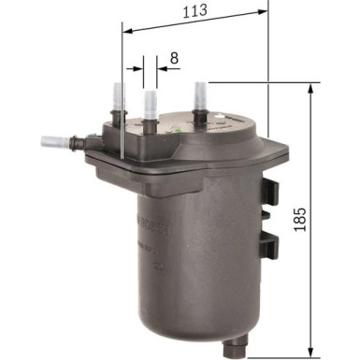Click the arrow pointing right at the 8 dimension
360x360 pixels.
coord(138,68)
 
